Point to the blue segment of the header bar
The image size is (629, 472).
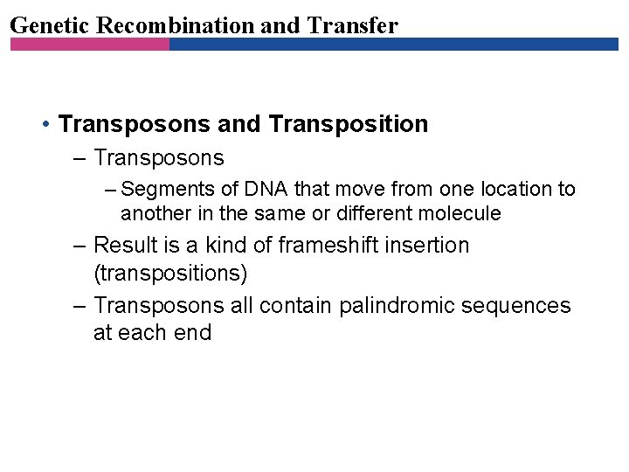393,44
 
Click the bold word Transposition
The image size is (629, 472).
349,124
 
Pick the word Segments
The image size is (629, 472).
163,189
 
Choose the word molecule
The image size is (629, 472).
461,213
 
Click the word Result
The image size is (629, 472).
122,246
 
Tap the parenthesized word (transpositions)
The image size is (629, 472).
170,274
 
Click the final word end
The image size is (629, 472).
192,333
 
